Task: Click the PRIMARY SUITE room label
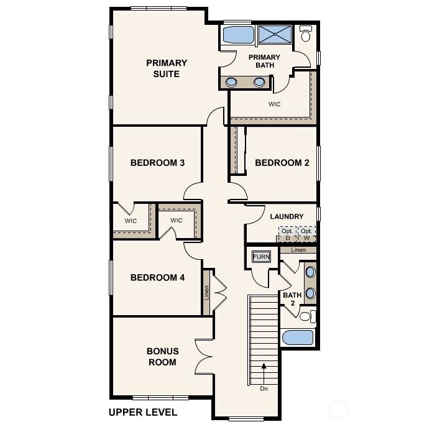click(x=167, y=68)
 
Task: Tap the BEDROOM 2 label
click(x=282, y=163)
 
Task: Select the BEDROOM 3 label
click(x=157, y=163)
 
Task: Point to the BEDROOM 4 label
click(x=157, y=277)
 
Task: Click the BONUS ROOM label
click(x=162, y=356)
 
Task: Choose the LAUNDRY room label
click(x=287, y=216)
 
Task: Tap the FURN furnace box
click(x=259, y=256)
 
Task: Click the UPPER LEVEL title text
click(x=142, y=411)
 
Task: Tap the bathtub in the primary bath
click(x=237, y=35)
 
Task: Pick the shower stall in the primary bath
click(x=275, y=35)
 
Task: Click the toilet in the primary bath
click(x=306, y=35)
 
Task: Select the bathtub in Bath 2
click(x=298, y=337)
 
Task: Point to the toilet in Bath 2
click(x=305, y=316)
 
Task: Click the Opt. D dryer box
click(x=287, y=234)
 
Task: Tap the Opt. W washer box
click(x=306, y=234)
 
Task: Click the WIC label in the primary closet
click(x=274, y=104)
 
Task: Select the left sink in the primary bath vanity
click(x=232, y=81)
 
